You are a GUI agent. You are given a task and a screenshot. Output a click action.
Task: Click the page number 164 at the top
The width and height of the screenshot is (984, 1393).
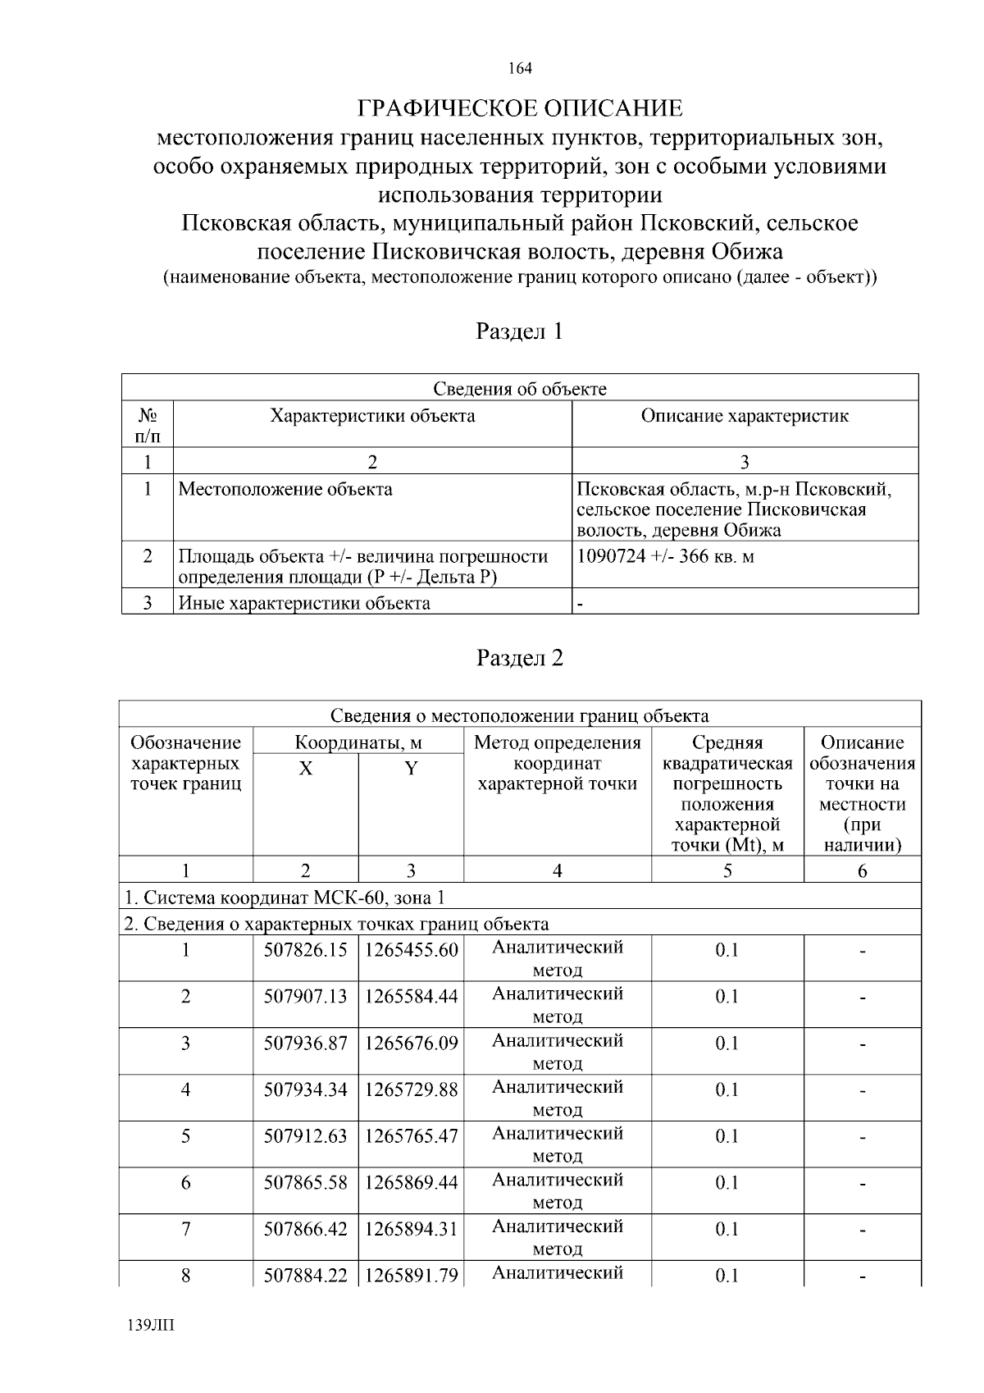coord(520,68)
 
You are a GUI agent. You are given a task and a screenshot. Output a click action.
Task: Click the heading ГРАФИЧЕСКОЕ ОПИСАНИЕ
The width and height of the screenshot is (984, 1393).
coord(520,108)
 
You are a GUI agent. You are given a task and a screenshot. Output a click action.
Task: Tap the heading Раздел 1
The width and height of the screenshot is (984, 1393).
coord(520,331)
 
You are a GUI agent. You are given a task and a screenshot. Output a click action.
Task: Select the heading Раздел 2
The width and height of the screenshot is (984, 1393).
coord(520,658)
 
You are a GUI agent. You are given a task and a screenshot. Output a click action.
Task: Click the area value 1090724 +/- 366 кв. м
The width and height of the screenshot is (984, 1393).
coord(666,556)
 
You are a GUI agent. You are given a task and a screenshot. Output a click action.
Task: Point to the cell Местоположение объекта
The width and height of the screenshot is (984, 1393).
coord(285,490)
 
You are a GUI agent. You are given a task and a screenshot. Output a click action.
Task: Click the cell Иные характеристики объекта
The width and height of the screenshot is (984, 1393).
coord(304,604)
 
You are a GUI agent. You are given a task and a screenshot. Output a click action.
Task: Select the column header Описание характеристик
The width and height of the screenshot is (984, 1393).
coord(745,416)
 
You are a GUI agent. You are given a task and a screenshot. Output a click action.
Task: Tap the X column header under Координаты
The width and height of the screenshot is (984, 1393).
coord(305,769)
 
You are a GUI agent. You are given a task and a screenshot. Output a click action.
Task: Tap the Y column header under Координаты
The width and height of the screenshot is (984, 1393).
coord(411,769)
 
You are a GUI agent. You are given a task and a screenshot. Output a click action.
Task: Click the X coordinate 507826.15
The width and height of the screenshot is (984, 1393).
coord(305,951)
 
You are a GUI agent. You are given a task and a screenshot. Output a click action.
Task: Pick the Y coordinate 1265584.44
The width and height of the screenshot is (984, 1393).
coord(411,997)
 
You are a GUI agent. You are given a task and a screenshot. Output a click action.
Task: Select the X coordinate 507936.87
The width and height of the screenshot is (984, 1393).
coord(305,1044)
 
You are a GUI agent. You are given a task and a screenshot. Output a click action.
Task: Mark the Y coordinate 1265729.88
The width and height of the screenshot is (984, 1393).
coord(411,1090)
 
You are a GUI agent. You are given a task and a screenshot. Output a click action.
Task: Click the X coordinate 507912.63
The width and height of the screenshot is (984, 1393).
coord(305,1136)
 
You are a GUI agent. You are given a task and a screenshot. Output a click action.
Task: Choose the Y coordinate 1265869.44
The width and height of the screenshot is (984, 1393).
coord(411,1183)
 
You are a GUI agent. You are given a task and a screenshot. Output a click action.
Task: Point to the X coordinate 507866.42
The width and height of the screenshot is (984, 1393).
coord(305,1230)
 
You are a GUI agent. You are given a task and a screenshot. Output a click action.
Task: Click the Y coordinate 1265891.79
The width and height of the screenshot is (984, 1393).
coord(411,1277)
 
